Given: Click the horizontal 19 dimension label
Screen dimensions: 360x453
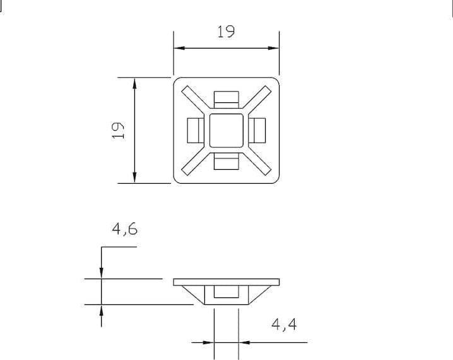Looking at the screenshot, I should (x=226, y=31).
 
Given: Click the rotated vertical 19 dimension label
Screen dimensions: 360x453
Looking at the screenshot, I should (x=118, y=130).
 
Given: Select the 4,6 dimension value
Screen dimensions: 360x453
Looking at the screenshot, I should (x=125, y=229).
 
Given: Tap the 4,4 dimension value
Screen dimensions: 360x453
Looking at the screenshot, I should (x=284, y=325).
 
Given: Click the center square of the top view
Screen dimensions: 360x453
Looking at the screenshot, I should (x=226, y=130).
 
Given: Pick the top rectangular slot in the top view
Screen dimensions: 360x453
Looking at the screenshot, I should (x=226, y=99).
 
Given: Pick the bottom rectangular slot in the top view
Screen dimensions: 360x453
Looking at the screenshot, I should (x=226, y=162).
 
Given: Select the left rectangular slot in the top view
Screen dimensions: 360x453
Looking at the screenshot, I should (x=194, y=130).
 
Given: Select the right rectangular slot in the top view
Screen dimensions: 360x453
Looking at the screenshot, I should (x=257, y=130).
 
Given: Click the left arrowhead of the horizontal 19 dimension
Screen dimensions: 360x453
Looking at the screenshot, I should (x=179, y=47).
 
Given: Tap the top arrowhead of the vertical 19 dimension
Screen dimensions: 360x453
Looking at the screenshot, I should (x=134, y=82).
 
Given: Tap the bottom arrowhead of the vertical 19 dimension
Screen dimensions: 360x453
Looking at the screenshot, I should (x=134, y=178).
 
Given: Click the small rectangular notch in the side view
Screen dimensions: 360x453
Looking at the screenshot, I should (x=226, y=292).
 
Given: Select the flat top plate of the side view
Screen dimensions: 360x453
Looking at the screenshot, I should (x=226, y=280).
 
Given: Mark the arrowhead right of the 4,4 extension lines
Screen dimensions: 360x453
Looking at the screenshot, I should (x=244, y=342).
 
